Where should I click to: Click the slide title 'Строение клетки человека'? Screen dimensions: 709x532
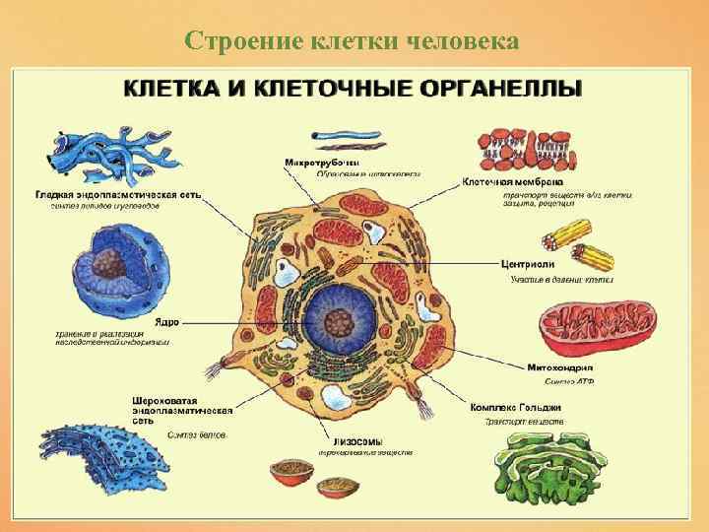click(x=354, y=40)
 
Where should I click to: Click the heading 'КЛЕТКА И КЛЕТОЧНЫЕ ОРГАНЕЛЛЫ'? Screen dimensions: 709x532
click(x=353, y=86)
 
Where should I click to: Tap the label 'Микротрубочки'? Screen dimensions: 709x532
click(x=322, y=162)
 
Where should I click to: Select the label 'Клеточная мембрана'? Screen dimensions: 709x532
click(x=512, y=182)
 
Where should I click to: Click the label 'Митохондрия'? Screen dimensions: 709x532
click(x=558, y=366)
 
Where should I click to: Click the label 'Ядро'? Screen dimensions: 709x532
click(x=165, y=321)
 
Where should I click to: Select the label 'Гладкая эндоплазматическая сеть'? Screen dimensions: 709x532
click(x=118, y=195)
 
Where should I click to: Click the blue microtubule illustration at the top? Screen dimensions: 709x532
click(x=339, y=138)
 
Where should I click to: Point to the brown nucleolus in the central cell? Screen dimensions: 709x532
click(x=340, y=321)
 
